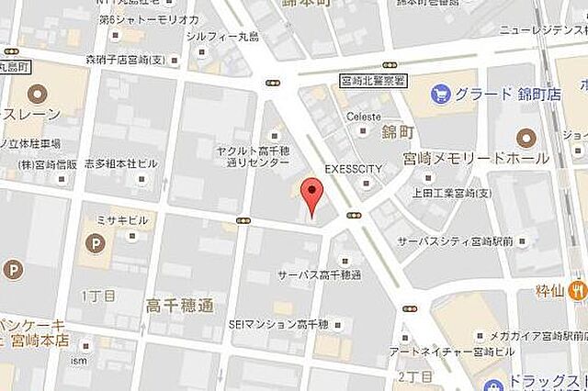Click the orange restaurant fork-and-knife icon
click(576, 291)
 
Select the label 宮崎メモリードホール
click(476, 158)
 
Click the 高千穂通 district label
click(180, 304)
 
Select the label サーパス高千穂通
click(320, 274)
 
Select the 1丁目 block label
click(98, 296)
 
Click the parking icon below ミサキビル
click(95, 244)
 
